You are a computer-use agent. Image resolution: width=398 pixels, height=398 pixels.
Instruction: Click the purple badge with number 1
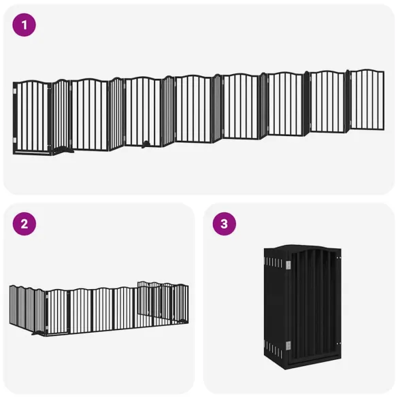(24, 25)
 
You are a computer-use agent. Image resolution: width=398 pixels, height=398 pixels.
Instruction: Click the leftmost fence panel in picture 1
(32, 117)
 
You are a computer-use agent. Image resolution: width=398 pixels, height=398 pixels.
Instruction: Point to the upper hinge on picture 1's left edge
(15, 89)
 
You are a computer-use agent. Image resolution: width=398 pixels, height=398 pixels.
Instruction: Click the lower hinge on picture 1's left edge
(15, 139)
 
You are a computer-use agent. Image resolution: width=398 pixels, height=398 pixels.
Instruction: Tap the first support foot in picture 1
(62, 149)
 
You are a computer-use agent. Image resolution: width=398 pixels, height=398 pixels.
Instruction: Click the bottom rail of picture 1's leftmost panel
(32, 153)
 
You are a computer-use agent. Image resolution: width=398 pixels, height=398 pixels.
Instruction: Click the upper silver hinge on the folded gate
(288, 264)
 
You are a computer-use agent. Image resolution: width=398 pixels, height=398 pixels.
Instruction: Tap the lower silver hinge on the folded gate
(288, 344)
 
